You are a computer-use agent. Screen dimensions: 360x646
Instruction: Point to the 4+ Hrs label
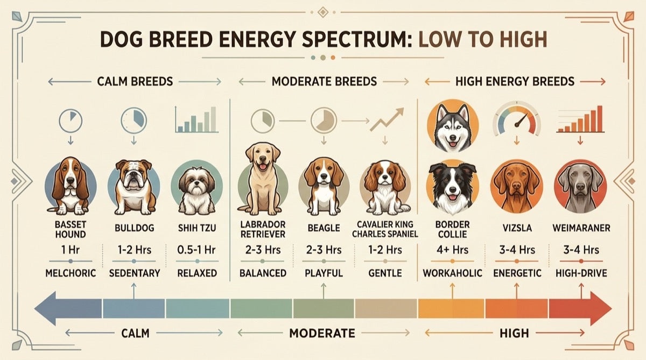pos(452,250)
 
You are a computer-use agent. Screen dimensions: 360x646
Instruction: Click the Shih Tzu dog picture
pos(196,189)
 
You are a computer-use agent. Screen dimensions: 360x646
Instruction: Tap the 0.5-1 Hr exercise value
pos(196,250)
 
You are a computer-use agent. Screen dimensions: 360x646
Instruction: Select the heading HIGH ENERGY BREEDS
pos(515,82)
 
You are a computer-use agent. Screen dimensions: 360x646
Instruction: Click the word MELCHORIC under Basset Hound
pos(71,273)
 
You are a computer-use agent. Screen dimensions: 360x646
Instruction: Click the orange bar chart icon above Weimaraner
pos(580,119)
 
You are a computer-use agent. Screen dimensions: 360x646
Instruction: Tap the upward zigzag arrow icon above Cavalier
pos(387,119)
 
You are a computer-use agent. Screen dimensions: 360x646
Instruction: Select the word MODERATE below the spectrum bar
pos(322,333)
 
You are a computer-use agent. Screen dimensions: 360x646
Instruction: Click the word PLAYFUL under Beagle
pos(323,273)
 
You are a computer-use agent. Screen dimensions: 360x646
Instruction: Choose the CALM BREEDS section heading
pos(135,82)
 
